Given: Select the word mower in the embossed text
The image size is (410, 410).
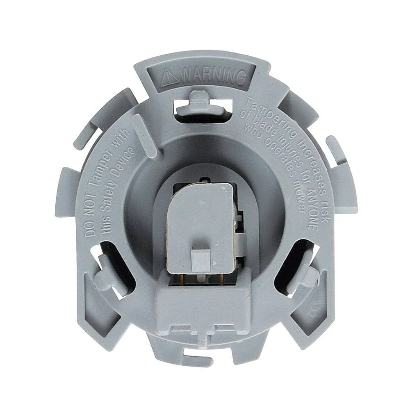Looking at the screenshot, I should pyautogui.click(x=301, y=200).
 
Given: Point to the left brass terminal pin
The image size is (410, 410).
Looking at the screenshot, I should pyautogui.click(x=180, y=279).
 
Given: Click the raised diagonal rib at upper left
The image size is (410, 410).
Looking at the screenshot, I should pyautogui.click(x=144, y=135).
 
